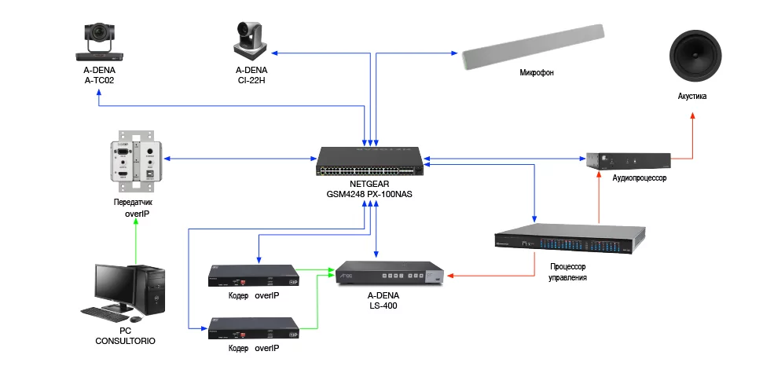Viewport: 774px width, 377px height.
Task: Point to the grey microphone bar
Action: coord(534,46)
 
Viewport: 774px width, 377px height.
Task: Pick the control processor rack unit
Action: coord(569,240)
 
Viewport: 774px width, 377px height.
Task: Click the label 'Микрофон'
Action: coord(537,73)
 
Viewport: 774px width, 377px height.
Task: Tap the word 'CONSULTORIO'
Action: coord(126,342)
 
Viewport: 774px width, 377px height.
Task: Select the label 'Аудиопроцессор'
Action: coord(639,179)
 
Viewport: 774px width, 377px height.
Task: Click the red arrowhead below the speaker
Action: coord(693,116)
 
